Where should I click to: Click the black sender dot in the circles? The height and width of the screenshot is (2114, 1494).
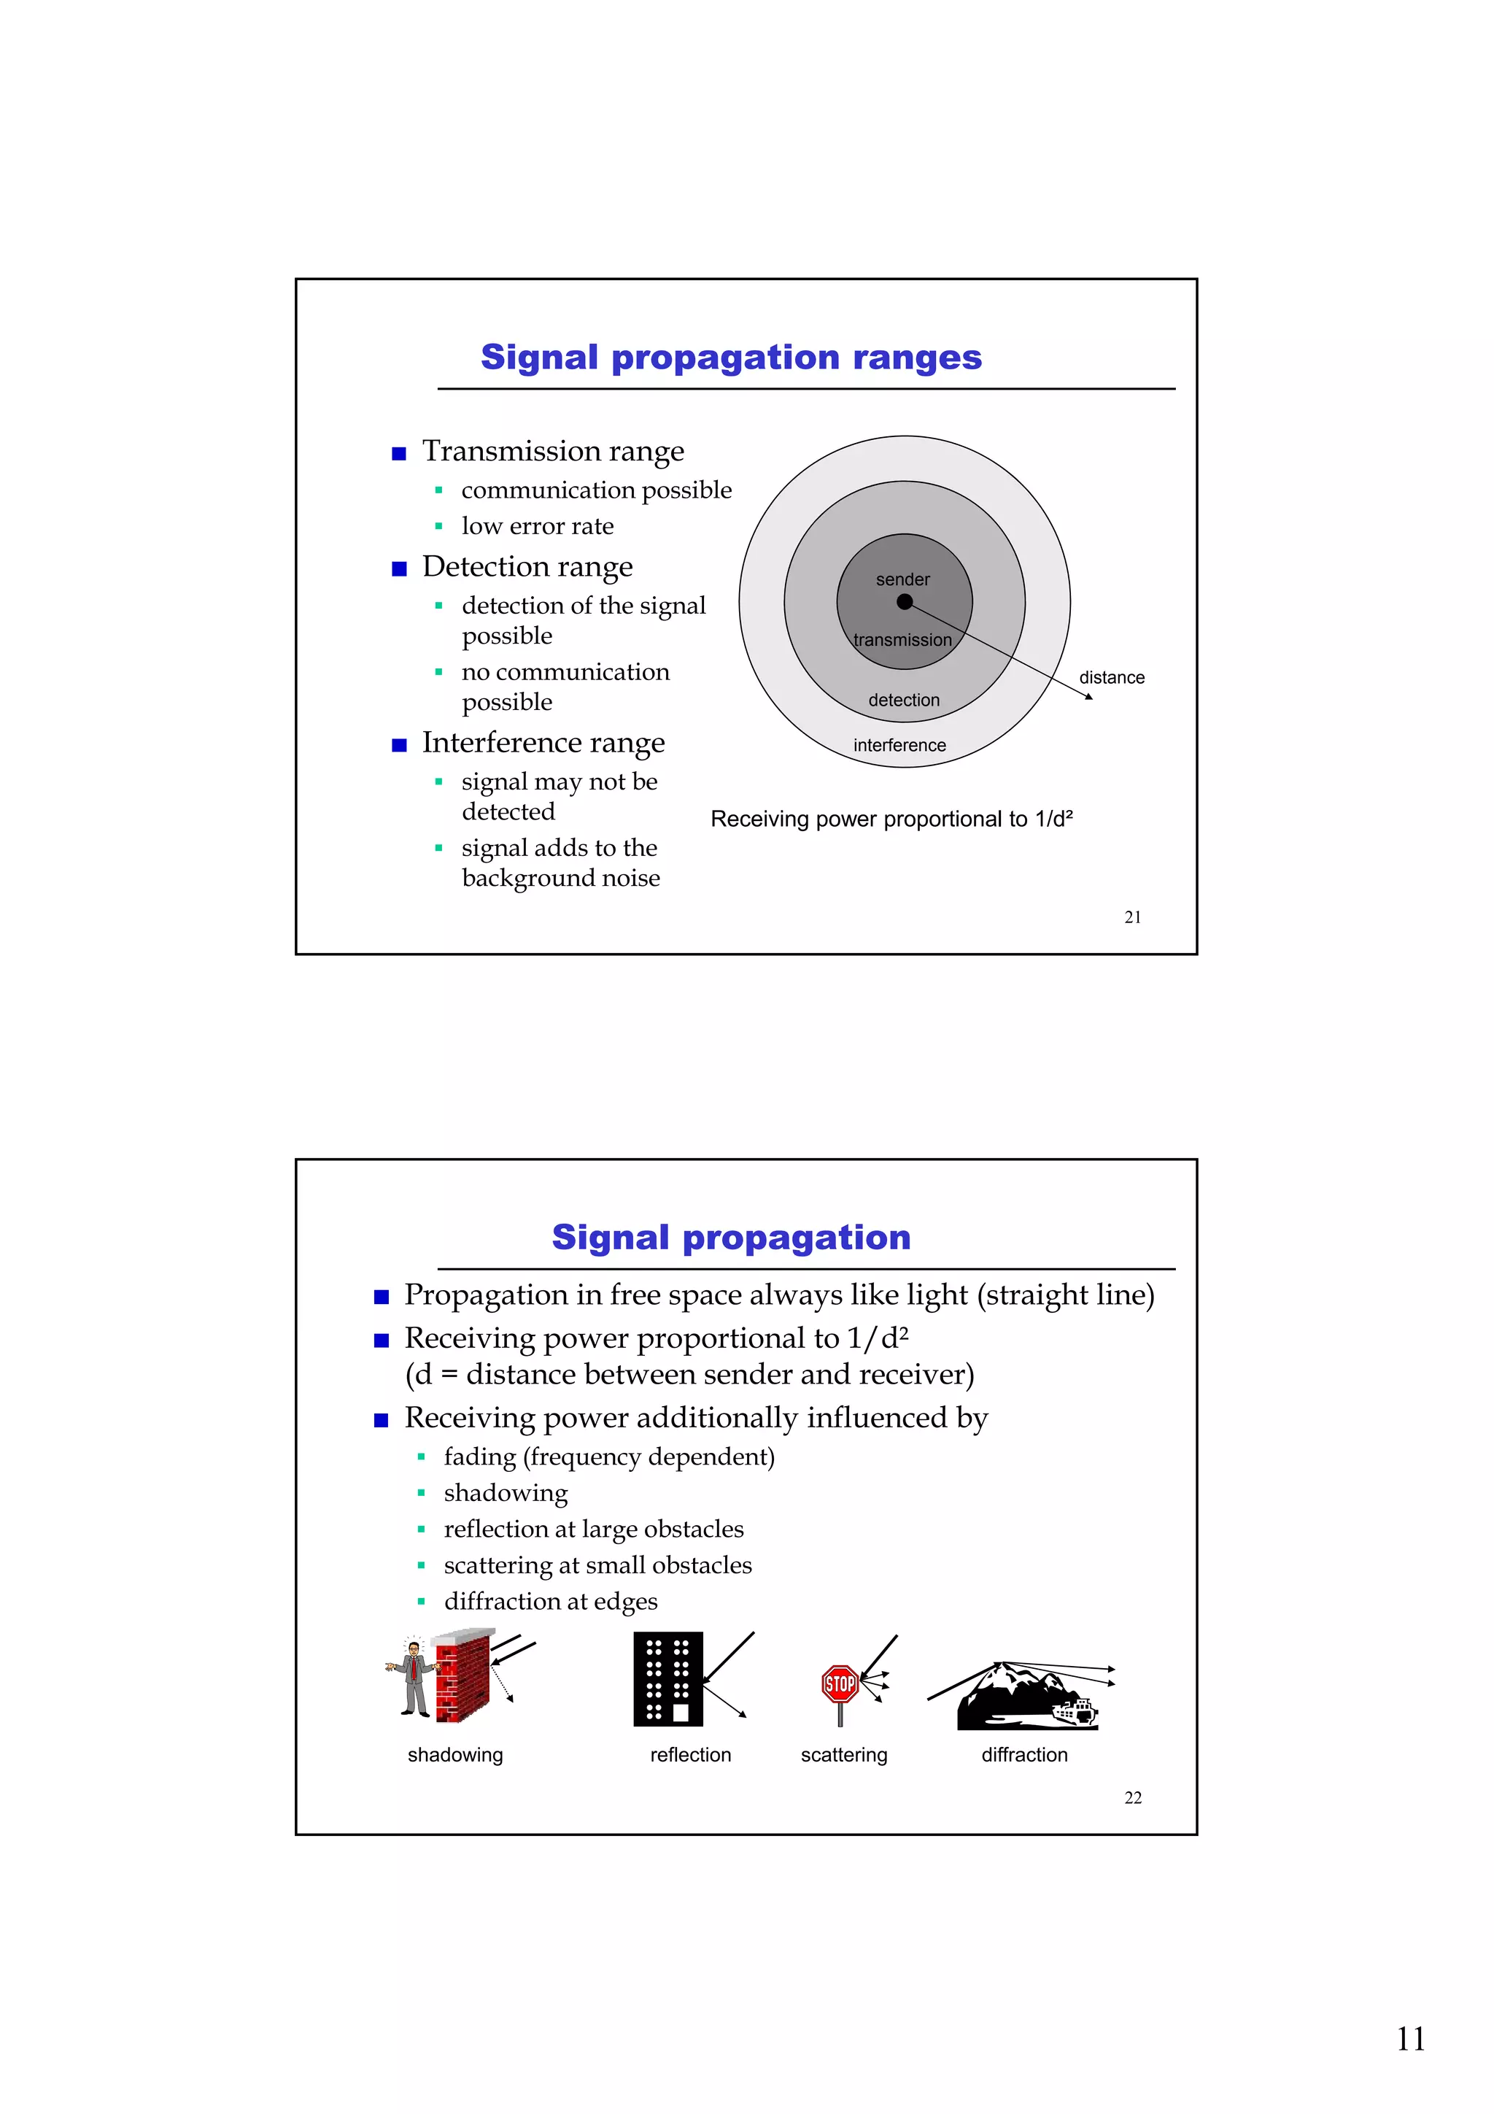[x=904, y=601]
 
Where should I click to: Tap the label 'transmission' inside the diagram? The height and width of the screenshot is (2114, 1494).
[x=902, y=640]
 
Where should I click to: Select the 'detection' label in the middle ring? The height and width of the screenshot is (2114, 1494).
[x=904, y=700]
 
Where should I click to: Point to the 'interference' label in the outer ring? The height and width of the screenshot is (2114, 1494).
[x=899, y=745]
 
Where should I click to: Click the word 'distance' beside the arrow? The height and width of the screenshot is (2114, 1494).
[x=1111, y=678]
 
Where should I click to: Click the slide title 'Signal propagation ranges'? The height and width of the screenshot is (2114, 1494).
[x=731, y=358]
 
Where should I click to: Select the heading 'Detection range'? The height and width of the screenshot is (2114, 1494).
[x=527, y=566]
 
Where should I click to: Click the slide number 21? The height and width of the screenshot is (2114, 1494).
[x=1132, y=917]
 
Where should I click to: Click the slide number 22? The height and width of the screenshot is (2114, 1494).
[x=1132, y=1797]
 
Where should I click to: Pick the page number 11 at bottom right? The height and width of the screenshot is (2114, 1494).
[x=1409, y=2039]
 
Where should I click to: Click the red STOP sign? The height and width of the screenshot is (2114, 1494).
[x=840, y=1685]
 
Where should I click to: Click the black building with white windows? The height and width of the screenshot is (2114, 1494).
[x=668, y=1678]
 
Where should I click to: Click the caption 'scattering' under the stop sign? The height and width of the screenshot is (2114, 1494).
[x=843, y=1755]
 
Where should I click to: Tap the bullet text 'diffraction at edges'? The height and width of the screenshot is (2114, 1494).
[x=551, y=1601]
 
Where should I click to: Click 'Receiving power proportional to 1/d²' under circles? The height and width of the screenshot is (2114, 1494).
[x=891, y=819]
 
